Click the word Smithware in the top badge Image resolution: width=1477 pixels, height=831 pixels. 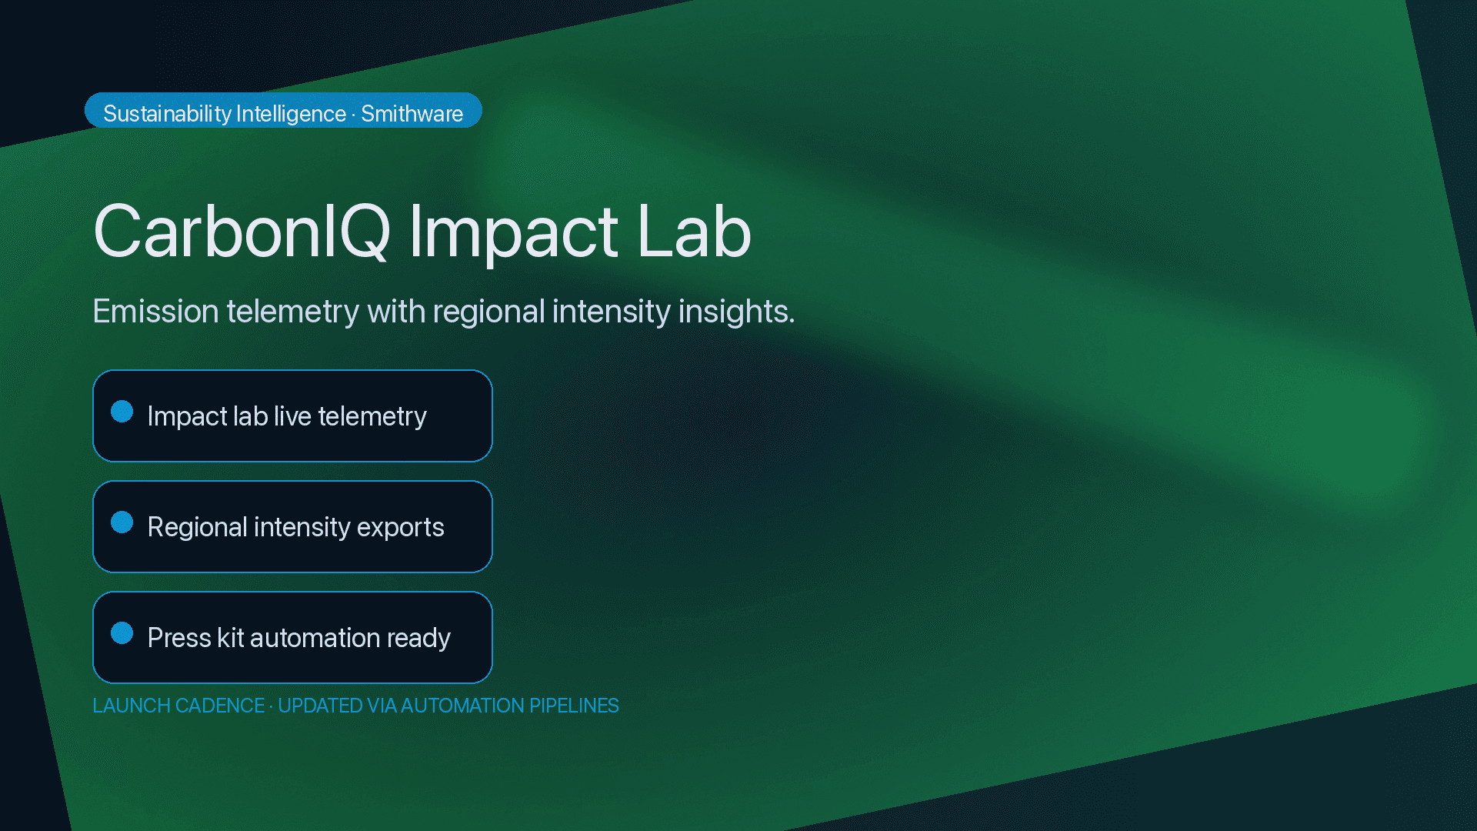coord(412,114)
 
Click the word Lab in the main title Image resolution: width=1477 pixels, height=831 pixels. coord(693,232)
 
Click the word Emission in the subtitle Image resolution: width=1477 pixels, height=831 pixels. coord(156,312)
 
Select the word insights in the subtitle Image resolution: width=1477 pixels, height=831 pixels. coord(735,312)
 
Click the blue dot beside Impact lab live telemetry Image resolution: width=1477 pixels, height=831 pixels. coord(122,412)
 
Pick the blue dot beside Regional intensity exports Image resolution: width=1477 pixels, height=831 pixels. coord(122,522)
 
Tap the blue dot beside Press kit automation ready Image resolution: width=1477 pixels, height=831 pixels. coord(122,633)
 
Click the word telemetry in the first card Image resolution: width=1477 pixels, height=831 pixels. coord(372,416)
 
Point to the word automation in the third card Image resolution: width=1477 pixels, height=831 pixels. coord(315,638)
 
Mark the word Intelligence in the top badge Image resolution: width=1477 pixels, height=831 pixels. coord(291,114)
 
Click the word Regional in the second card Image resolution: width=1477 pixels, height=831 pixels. coord(197,527)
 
